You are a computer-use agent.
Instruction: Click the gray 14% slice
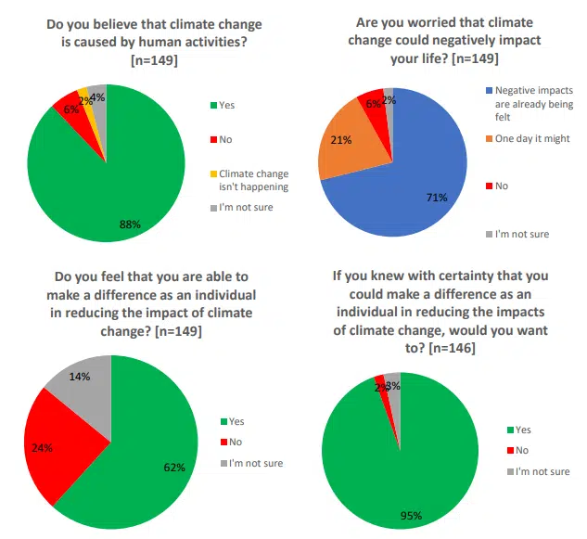[83, 381]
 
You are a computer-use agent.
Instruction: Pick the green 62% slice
[148, 455]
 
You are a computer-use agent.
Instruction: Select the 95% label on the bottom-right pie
[412, 515]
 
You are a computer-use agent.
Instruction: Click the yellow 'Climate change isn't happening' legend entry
[252, 180]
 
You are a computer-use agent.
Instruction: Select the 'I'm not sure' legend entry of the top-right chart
[520, 234]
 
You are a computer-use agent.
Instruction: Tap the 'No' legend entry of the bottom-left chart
[236, 442]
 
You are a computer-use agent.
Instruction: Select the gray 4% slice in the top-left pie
[97, 97]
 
